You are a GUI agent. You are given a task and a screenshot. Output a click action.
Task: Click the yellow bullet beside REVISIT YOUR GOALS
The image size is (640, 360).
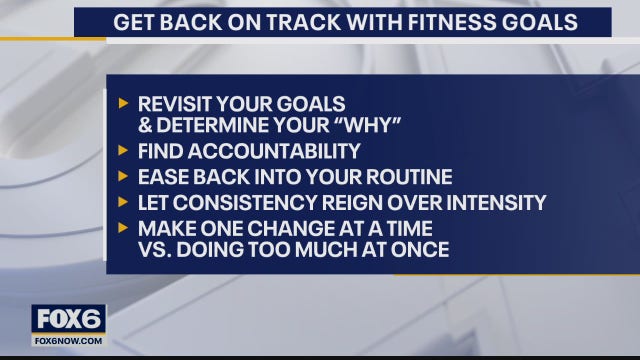[x=123, y=104]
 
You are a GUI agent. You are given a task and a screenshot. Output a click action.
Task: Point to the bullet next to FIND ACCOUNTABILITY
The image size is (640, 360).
[x=123, y=152]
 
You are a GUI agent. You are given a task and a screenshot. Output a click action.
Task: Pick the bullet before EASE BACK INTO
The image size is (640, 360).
[x=123, y=178]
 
